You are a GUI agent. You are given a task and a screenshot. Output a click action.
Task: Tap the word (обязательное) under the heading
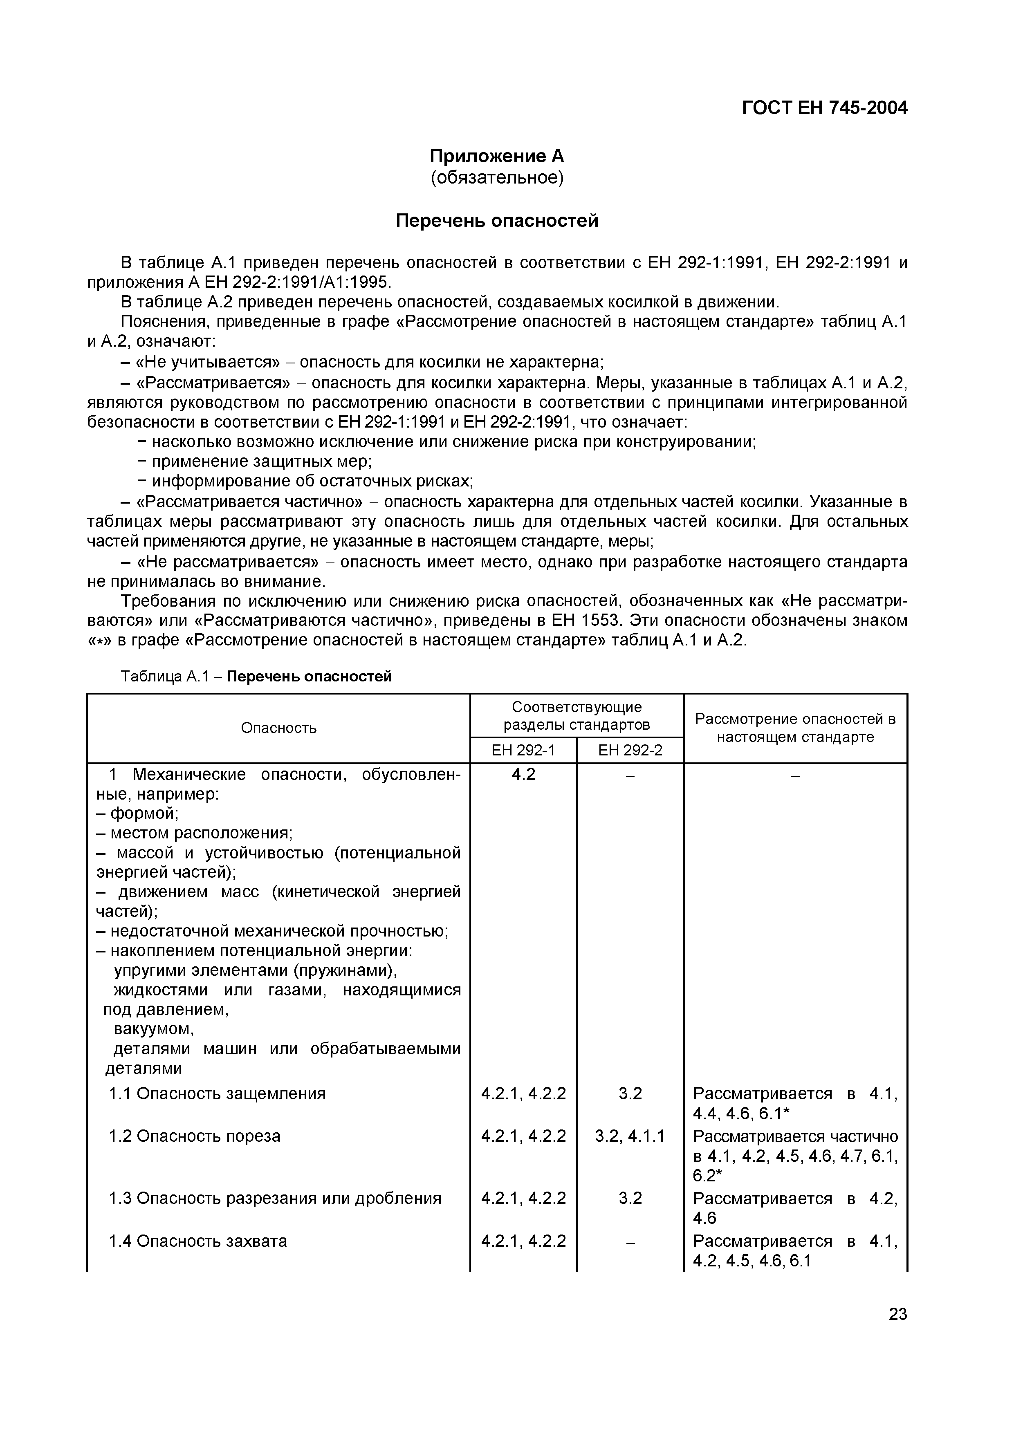[497, 178]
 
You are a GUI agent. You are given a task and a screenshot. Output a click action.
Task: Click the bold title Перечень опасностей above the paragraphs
[497, 221]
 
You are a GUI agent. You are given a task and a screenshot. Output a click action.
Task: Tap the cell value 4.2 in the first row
[523, 775]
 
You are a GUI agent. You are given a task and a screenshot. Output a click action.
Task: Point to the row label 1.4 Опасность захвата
[197, 1241]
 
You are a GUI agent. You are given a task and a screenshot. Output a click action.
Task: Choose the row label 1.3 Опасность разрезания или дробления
[275, 1199]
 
